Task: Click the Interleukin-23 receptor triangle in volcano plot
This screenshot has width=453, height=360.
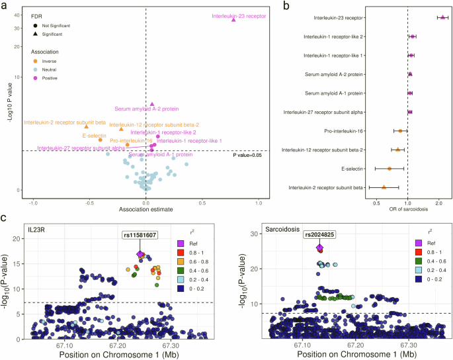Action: coord(233,20)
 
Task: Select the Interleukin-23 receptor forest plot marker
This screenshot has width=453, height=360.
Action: coord(442,17)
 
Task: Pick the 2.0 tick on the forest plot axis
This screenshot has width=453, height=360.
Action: coord(439,201)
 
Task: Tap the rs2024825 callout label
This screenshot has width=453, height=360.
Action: coord(319,234)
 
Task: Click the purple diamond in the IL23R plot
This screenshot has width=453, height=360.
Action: coord(140,254)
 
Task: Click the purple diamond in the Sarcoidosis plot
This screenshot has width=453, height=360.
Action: coord(319,247)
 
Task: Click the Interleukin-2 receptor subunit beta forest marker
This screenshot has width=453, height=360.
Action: coord(384,187)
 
